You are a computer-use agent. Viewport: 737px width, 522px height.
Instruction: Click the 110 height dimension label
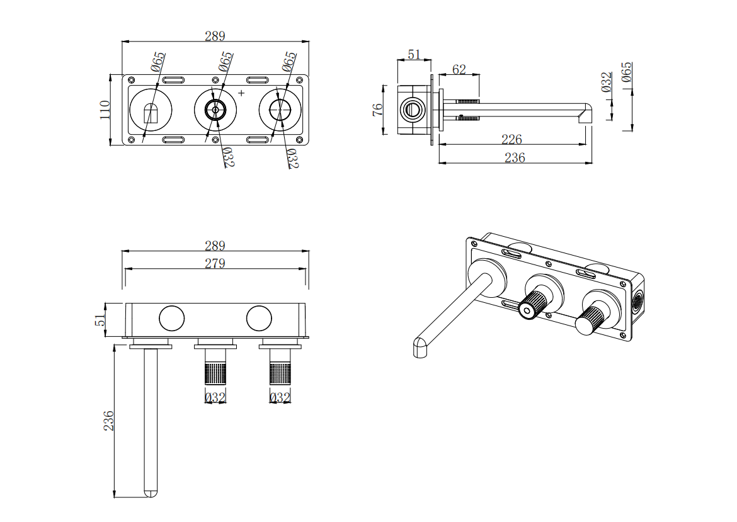tap(105, 110)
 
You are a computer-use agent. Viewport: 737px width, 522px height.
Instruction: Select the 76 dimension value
tap(377, 109)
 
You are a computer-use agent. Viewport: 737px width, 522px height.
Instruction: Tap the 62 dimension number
tap(459, 69)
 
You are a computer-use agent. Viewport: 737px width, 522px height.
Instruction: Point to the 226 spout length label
tap(511, 139)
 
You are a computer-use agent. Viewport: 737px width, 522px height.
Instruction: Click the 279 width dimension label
tap(215, 263)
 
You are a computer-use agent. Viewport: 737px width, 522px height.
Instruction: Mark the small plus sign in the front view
tap(241, 93)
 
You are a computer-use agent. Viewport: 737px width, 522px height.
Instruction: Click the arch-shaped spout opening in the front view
tap(151, 113)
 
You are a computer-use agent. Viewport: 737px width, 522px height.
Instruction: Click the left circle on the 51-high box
tap(171, 319)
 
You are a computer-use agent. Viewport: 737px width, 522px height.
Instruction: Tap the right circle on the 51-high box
tap(259, 319)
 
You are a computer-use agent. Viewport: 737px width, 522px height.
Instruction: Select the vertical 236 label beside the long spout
tap(109, 420)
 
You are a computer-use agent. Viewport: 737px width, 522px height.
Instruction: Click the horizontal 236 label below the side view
tap(515, 158)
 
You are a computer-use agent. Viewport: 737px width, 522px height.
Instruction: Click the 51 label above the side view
tap(414, 55)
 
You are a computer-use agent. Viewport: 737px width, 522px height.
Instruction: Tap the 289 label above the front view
tap(215, 36)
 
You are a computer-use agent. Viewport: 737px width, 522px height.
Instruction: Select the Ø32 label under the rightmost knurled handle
tap(280, 398)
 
